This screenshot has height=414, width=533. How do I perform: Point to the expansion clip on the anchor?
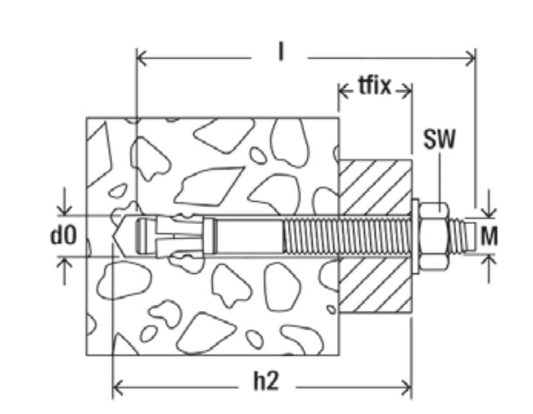click(177, 235)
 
